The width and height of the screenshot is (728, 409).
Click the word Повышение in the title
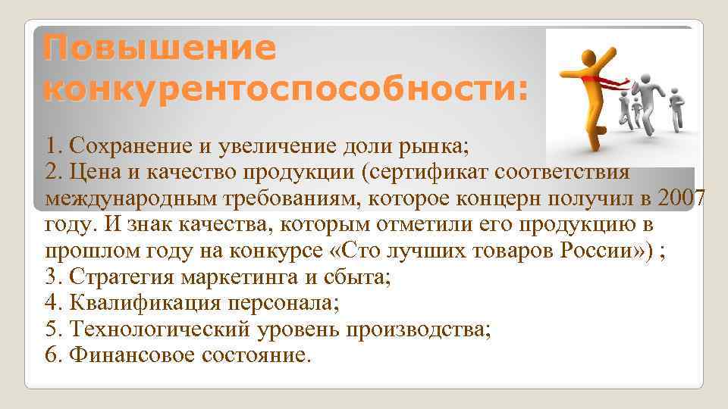[160, 49]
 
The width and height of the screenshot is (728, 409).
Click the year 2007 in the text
[682, 198]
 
